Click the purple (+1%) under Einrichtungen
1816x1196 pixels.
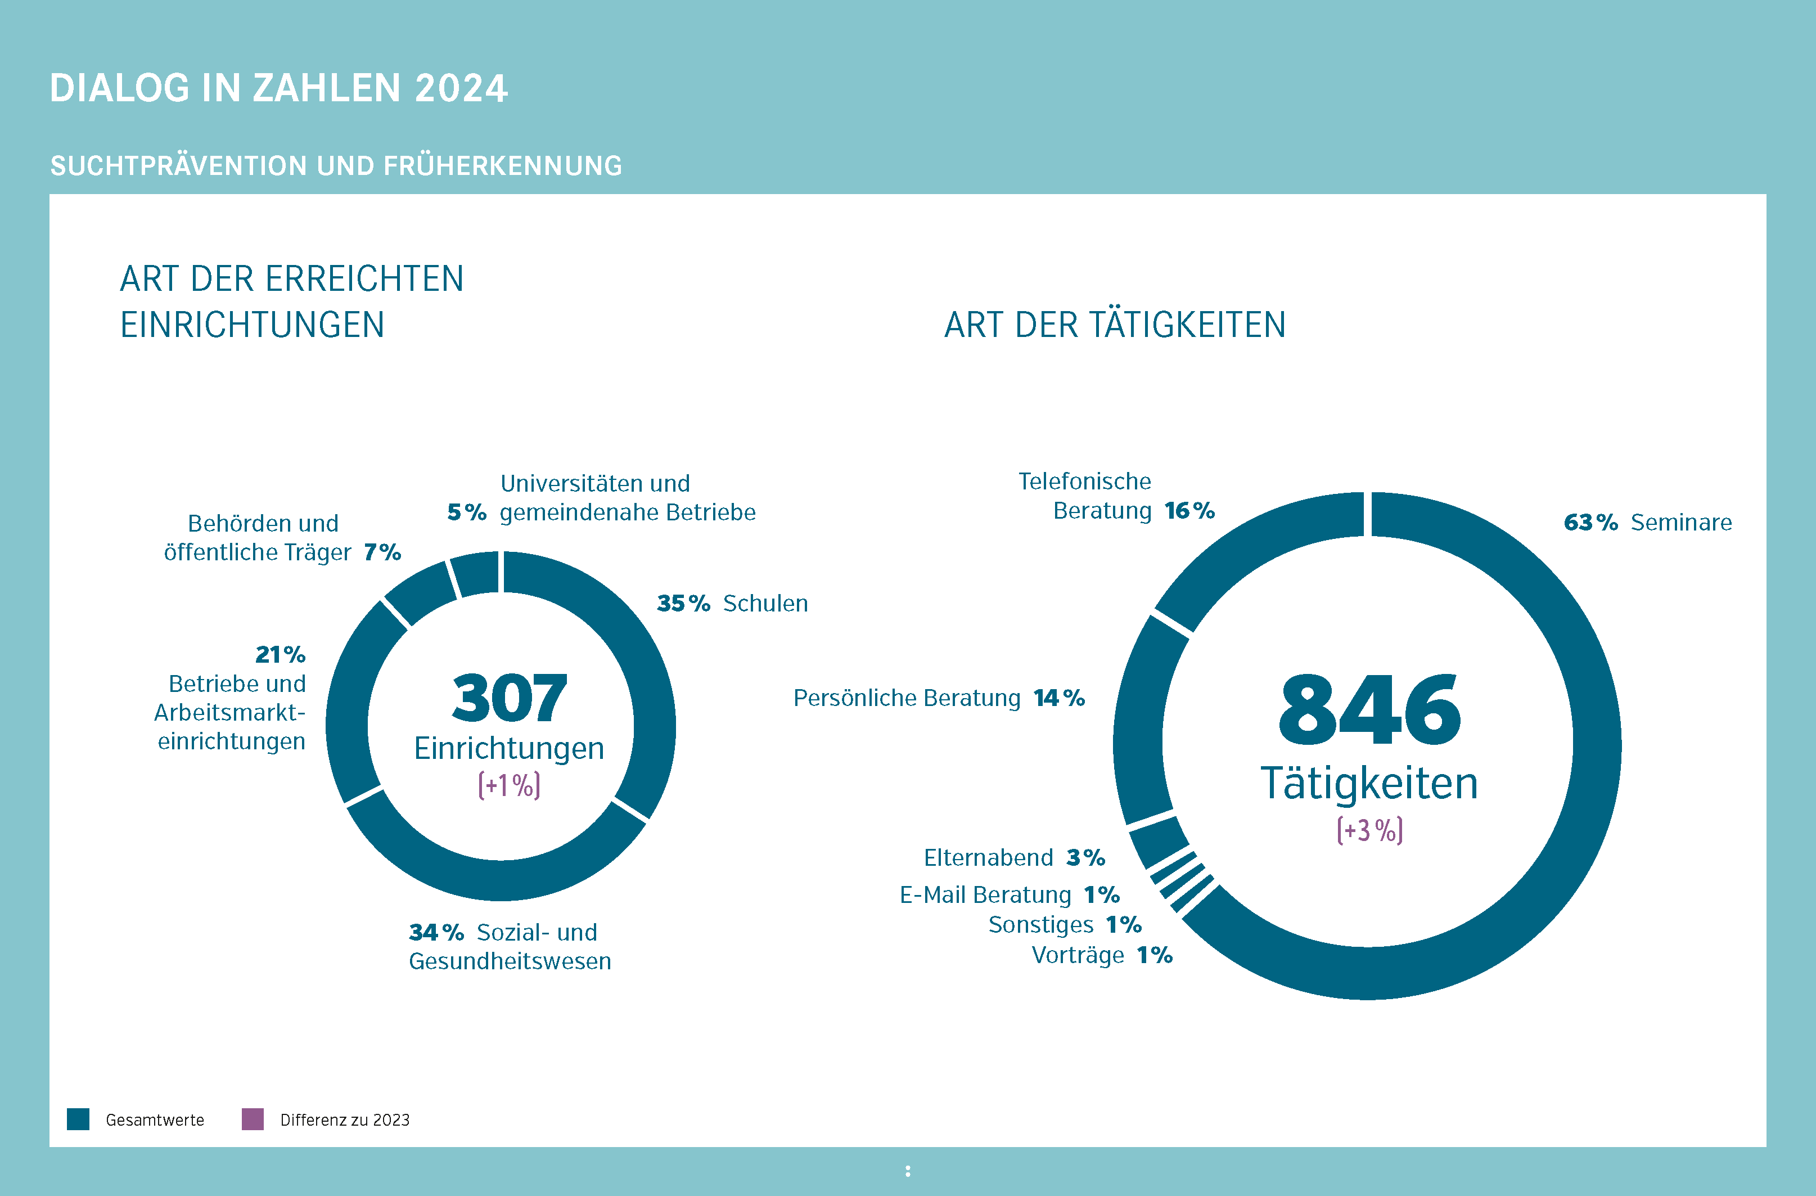pyautogui.click(x=509, y=785)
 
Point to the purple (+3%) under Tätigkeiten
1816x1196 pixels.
pyautogui.click(x=1369, y=830)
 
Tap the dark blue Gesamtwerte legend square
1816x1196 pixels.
pyautogui.click(x=78, y=1119)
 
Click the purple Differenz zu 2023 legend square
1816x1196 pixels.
pyautogui.click(x=253, y=1119)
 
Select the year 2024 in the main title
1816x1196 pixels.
pyautogui.click(x=461, y=88)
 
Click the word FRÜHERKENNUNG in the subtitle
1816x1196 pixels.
pyautogui.click(x=503, y=165)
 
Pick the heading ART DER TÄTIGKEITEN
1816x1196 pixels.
pyautogui.click(x=1114, y=325)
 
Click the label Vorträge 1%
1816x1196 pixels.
pyautogui.click(x=1102, y=955)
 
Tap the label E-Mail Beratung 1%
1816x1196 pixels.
pyautogui.click(x=1009, y=894)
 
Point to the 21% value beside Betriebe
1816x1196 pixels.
pyautogui.click(x=280, y=655)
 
